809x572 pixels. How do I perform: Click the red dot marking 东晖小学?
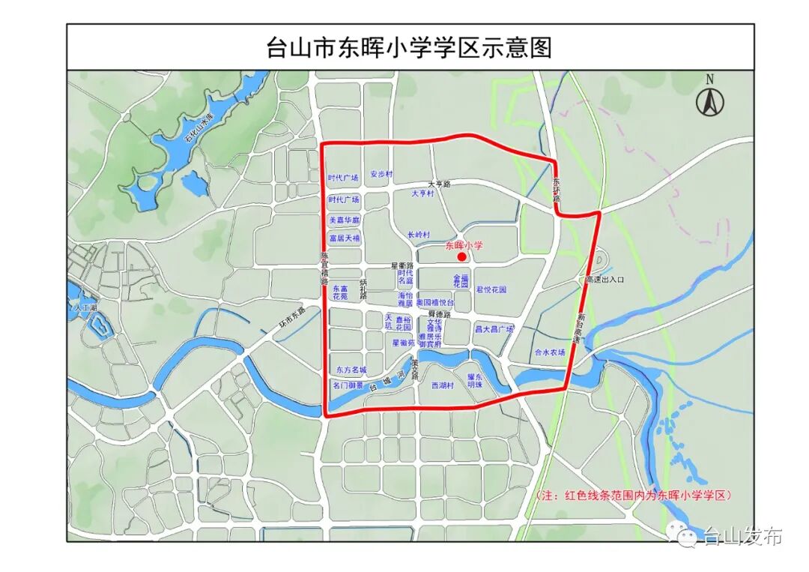(462, 257)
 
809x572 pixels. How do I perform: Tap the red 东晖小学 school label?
(464, 245)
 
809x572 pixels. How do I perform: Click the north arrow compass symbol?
(709, 100)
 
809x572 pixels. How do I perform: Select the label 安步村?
(381, 174)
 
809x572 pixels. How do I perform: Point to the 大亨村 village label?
(422, 193)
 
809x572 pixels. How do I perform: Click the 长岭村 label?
(419, 235)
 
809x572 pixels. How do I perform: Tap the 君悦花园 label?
(491, 289)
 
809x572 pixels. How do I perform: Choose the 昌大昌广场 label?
(494, 329)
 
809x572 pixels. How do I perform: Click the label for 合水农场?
(550, 352)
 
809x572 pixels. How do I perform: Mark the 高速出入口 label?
(605, 280)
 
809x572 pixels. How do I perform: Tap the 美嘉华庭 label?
(345, 220)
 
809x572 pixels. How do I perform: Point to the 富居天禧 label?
(345, 238)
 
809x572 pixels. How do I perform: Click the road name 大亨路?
(439, 183)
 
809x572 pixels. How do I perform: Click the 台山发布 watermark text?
(742, 537)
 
